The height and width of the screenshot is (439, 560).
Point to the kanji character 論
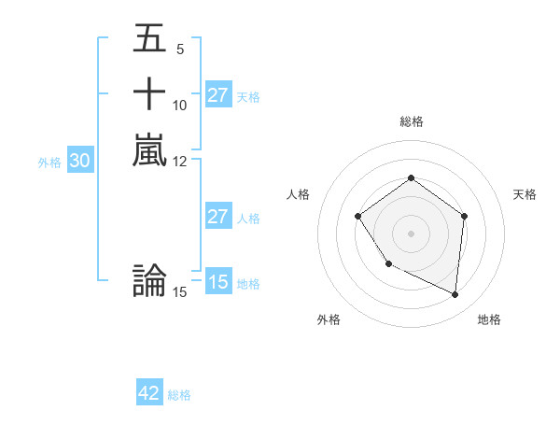[x=149, y=281]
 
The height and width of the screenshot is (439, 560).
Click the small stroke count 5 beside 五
[x=179, y=49]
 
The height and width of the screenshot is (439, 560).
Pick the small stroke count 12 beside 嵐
[x=180, y=161]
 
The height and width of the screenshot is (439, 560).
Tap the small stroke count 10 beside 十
[x=180, y=105]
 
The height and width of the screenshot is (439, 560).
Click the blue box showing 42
[x=149, y=393]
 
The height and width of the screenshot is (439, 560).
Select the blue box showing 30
[x=80, y=161]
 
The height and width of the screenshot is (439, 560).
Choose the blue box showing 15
[x=218, y=282]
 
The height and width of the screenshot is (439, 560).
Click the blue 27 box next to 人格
[x=218, y=217]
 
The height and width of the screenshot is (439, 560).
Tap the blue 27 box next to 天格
[x=218, y=95]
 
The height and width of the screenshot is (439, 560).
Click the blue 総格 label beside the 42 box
[x=179, y=395]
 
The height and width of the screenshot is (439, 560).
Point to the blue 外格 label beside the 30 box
[x=49, y=162]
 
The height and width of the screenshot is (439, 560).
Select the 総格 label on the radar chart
[x=412, y=121]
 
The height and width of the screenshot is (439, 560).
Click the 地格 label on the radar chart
[x=489, y=319]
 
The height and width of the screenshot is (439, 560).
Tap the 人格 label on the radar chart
[x=298, y=194]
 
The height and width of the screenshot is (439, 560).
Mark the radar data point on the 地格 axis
[x=455, y=295]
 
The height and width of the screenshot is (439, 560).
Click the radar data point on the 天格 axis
[x=464, y=216]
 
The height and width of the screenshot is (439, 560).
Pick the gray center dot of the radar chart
[x=411, y=233]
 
